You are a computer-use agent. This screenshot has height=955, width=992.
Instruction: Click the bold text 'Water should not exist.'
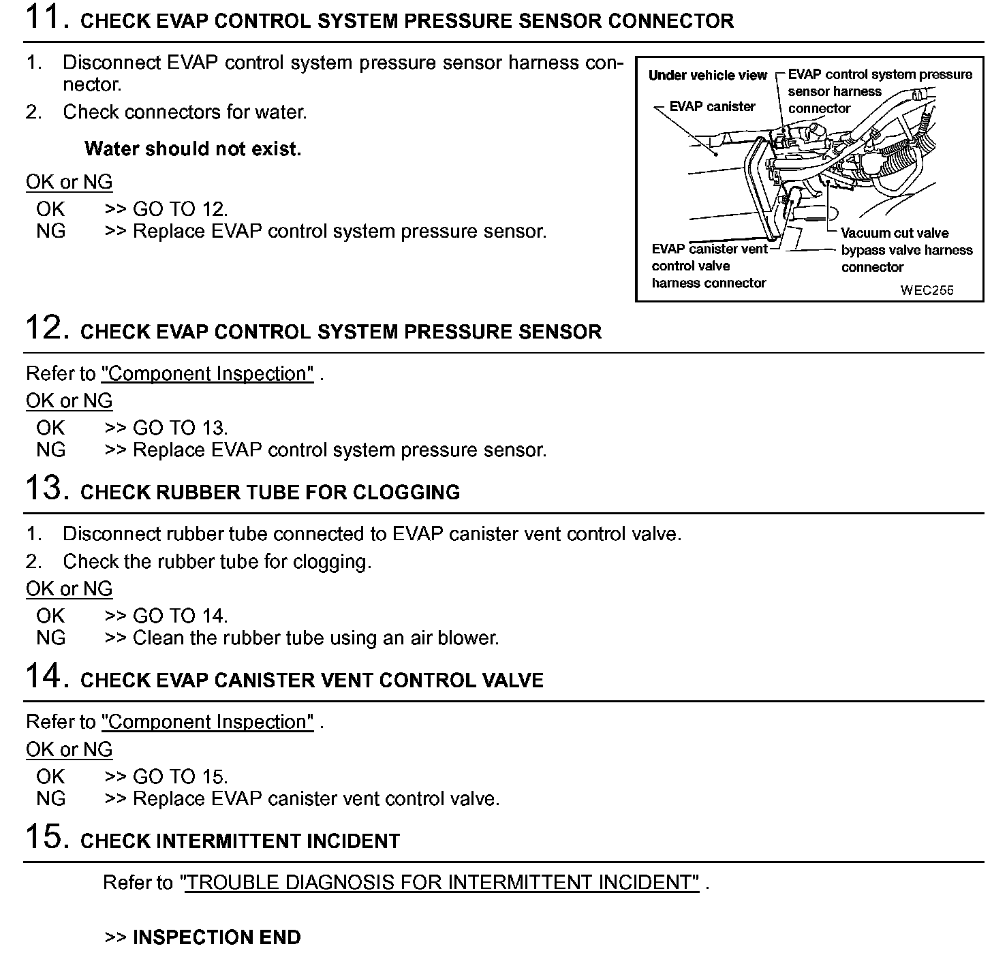193,148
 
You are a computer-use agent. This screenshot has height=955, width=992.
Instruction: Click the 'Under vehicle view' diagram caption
707,76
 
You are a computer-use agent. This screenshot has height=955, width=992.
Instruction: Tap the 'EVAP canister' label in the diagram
712,106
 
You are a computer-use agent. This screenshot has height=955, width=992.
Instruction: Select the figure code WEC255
927,290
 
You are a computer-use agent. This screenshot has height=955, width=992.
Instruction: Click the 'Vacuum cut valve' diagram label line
894,233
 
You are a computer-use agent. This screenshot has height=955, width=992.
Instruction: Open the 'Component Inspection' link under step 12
208,374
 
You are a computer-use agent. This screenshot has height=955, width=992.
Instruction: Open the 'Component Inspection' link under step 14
208,722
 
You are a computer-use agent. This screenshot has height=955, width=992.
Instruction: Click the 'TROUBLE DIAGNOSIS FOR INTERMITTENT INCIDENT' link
441,883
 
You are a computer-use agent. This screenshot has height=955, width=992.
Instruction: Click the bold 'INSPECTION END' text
216,937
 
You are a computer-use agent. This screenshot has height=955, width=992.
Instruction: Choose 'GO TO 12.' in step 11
180,209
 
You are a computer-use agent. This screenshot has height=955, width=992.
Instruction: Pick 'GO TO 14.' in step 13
180,616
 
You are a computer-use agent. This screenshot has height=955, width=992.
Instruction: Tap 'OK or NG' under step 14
69,749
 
